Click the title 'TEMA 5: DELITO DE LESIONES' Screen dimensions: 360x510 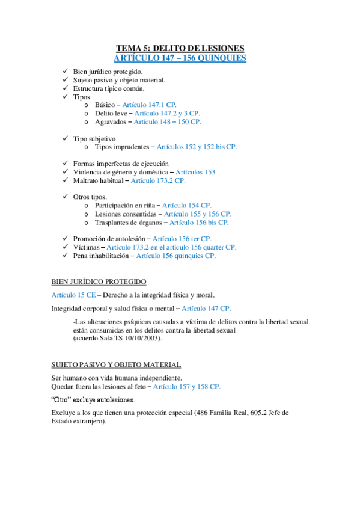[x=180, y=48]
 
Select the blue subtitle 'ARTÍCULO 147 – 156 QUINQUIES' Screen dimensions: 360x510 [x=180, y=58]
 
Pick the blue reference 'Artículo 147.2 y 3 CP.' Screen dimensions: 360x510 [x=167, y=113]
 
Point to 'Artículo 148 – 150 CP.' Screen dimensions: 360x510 [x=167, y=121]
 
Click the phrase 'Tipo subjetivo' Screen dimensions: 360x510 [x=94, y=138]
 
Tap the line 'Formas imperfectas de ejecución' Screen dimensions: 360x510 [x=121, y=164]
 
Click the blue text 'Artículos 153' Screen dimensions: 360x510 [x=195, y=172]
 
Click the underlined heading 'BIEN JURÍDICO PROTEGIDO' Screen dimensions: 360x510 [x=99, y=281]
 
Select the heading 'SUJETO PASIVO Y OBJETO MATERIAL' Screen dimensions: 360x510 [x=116, y=364]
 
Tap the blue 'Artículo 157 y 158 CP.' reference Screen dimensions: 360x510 [x=187, y=386]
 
